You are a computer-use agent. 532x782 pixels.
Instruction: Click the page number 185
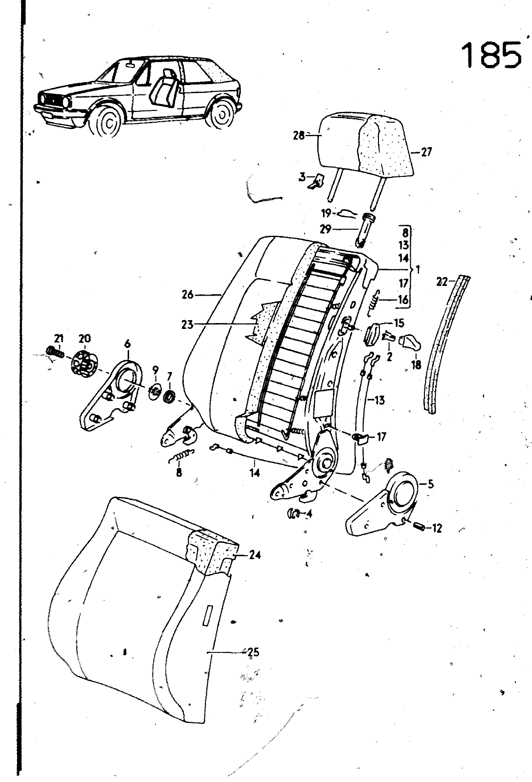click(x=491, y=55)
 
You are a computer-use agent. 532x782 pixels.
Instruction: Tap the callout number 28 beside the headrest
click(x=298, y=135)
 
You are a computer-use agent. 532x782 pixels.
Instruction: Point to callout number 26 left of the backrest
click(x=187, y=295)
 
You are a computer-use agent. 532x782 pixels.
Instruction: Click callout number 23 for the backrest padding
click(x=187, y=324)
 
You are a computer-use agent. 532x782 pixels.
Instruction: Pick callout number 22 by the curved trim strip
click(x=442, y=282)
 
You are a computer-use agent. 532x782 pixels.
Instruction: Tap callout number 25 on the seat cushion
click(x=253, y=652)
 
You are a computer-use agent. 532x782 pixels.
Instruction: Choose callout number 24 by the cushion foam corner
click(x=254, y=555)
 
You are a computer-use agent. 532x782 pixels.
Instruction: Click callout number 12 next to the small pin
click(x=436, y=528)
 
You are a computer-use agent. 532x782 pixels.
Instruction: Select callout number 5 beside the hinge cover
click(x=430, y=484)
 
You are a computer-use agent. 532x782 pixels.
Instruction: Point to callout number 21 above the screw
click(x=59, y=338)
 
